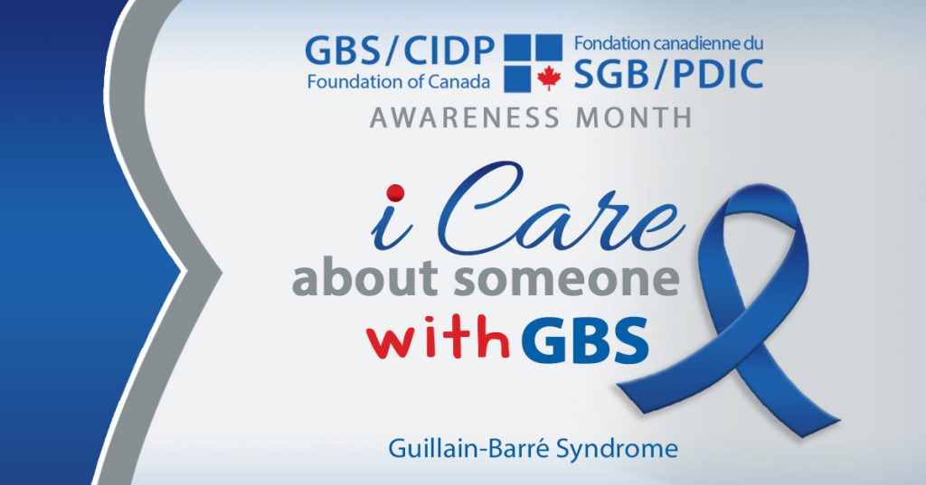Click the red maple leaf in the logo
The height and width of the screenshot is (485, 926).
pos(549,79)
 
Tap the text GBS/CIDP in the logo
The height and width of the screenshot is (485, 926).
pos(399,51)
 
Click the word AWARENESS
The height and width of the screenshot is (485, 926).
pos(464,117)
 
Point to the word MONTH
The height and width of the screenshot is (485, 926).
pos(634,117)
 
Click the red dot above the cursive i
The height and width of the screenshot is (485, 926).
pos(394,193)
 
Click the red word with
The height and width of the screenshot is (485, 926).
pos(438,338)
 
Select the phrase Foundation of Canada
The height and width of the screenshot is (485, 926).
pos(399,81)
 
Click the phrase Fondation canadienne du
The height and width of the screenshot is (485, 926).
pos(668,43)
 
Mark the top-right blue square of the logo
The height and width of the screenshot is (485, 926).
pos(549,48)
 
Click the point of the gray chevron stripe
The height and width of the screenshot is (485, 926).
pos(222,273)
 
